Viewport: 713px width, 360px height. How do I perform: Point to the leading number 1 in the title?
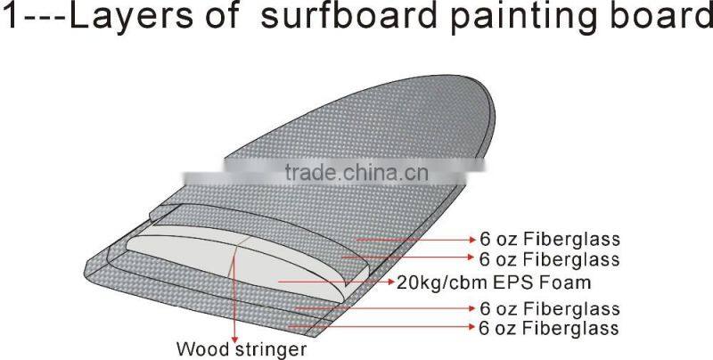[x=12, y=20]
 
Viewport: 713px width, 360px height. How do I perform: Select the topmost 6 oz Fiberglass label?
[x=548, y=240]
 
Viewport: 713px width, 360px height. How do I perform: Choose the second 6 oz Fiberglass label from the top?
[x=548, y=259]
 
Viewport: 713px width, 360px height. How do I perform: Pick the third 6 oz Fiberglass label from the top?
[x=548, y=308]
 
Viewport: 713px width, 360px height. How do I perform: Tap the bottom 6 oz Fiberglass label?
[x=548, y=328]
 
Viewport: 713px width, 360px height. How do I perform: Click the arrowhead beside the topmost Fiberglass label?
[x=470, y=240]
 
